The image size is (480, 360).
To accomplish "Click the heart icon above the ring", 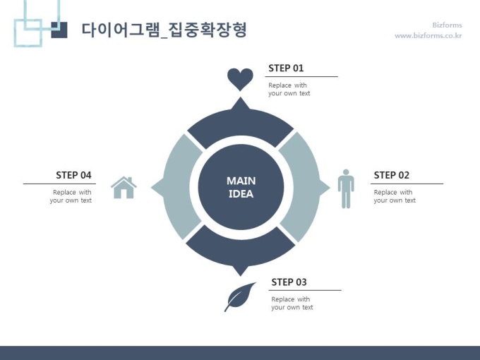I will pos(240,78).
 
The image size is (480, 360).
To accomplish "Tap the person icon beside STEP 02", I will pos(345,188).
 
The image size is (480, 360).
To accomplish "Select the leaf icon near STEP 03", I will pos(239,296).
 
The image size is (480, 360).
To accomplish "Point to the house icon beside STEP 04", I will pos(124,187).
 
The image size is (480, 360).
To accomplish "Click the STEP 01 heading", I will pos(286,68).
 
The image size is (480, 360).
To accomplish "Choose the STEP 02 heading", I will pos(391,175).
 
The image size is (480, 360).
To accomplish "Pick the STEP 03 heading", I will pos(289,282).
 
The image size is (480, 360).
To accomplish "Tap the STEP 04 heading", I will pos(73,175).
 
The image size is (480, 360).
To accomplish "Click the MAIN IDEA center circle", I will pos(241,187).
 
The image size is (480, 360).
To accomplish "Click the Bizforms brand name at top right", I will pos(447,25).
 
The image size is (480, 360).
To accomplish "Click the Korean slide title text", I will pos(164,30).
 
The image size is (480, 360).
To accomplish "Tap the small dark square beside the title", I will pos(60,30).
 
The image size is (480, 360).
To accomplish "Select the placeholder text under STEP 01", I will pos(289,90).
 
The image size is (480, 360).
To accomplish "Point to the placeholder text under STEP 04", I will pos(71,196).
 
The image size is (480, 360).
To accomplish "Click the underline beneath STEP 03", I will pos(306,290).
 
